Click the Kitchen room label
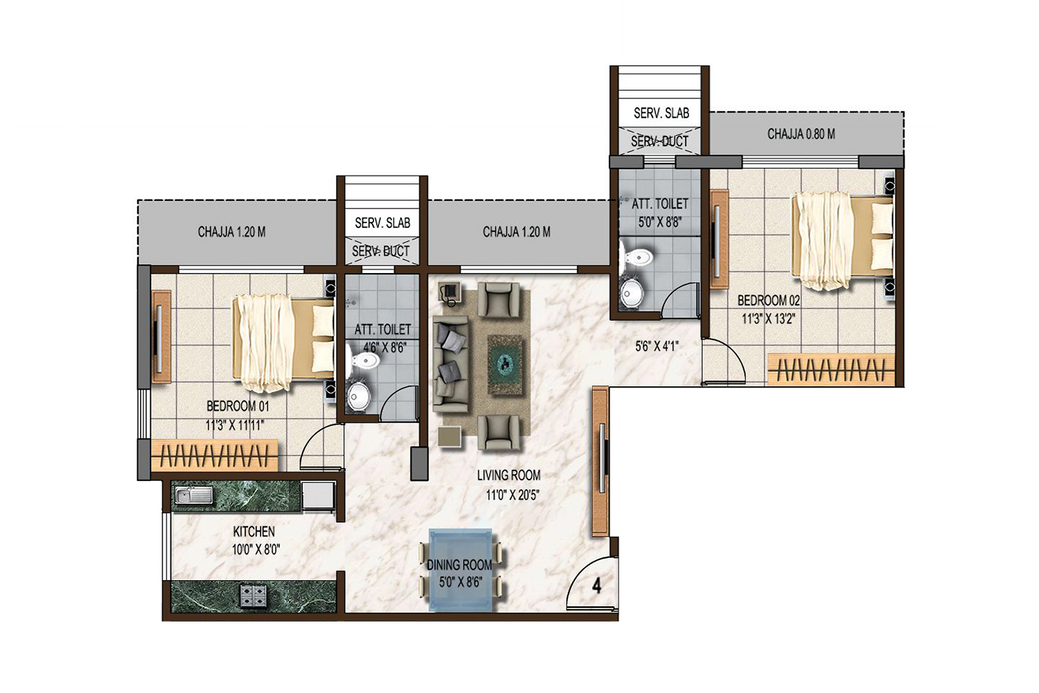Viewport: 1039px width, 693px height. coord(254,531)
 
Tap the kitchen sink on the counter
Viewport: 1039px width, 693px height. coord(194,495)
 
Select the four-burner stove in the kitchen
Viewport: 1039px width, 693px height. coord(253,595)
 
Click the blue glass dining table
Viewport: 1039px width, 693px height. coord(461,569)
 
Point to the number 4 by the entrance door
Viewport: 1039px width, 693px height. coord(596,586)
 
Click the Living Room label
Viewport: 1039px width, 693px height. coord(509,475)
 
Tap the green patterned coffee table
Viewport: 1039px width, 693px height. coord(505,365)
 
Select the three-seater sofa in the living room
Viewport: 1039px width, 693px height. coord(450,364)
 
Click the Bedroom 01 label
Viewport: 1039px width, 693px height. coord(238,406)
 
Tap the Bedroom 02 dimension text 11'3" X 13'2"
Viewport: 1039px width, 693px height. coord(768,319)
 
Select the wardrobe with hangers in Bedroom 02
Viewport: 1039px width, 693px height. coord(831,369)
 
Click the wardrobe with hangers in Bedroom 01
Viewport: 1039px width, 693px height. coord(215,455)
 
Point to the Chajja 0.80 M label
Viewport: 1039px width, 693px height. coord(801,134)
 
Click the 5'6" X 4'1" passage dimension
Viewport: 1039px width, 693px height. coord(657,346)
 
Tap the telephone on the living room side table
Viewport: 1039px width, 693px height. coord(449,292)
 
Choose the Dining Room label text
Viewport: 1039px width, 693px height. coord(459,565)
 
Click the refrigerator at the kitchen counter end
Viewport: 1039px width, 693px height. coord(318,495)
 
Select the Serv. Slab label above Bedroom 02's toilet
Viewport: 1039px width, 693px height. coord(661,113)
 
